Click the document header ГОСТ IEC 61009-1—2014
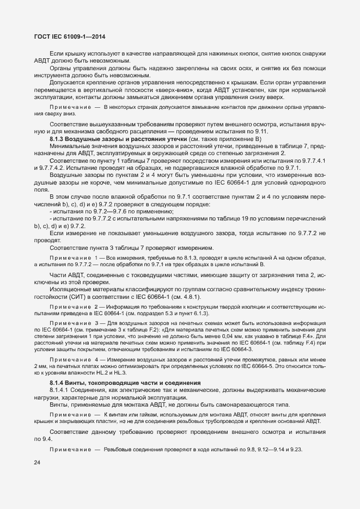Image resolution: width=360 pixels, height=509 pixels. click(66, 36)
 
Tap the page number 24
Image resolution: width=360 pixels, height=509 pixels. click(38, 463)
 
